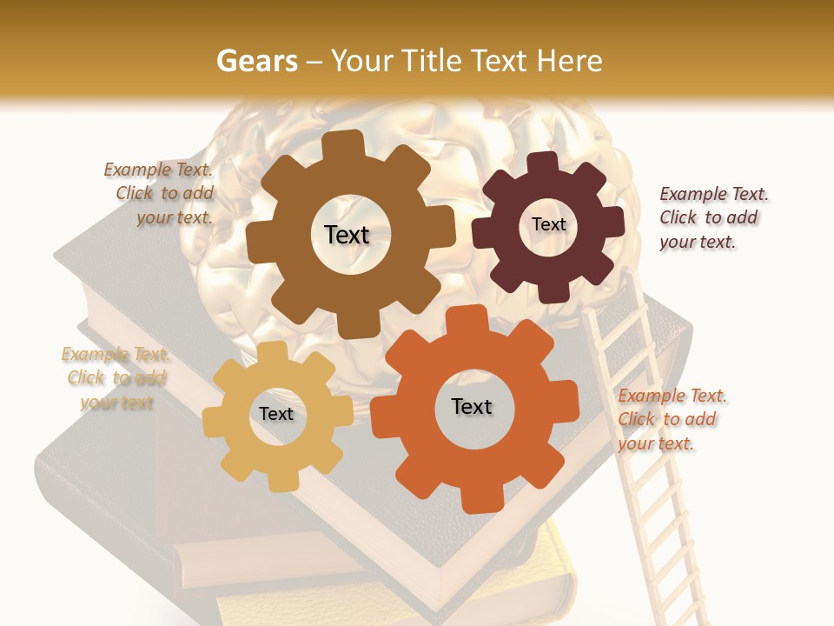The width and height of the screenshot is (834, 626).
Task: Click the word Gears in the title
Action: tap(256, 61)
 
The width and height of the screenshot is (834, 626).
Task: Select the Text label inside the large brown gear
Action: tap(347, 235)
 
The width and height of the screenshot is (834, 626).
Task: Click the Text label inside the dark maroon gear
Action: tap(548, 224)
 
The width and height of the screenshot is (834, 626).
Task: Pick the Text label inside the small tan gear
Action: tap(276, 414)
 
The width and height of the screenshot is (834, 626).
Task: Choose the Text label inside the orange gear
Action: tap(472, 406)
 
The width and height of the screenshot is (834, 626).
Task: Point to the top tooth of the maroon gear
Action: tap(542, 163)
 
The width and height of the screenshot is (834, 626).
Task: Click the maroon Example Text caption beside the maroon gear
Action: tap(712, 217)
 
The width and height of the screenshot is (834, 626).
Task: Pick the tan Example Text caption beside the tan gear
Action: tap(115, 378)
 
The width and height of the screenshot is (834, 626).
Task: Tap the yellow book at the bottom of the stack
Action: tap(391, 600)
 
